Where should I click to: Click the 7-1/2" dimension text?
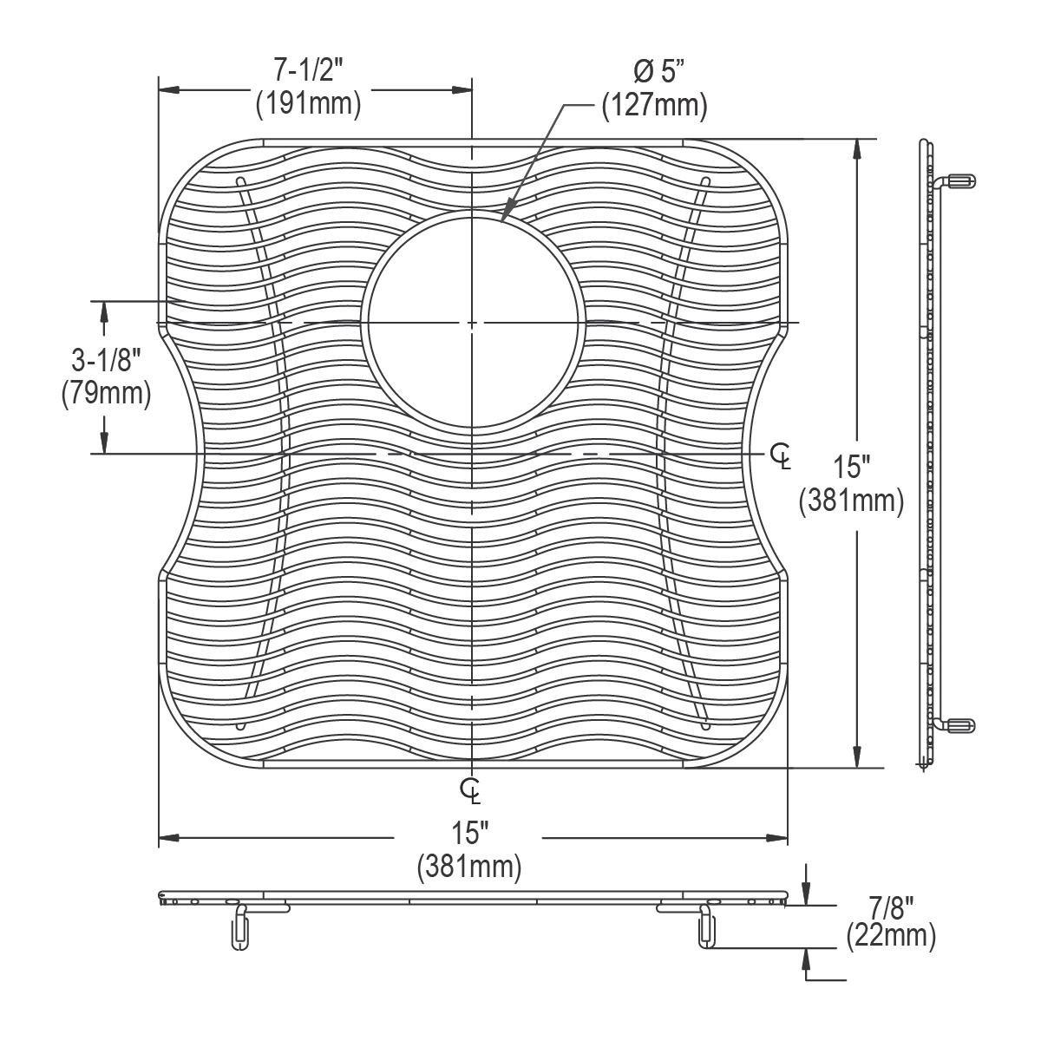[309, 71]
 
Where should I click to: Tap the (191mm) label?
[309, 104]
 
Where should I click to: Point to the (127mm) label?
[655, 104]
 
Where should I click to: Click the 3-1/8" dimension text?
[107, 360]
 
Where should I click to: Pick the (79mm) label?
[107, 393]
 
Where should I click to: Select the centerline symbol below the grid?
[470, 792]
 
